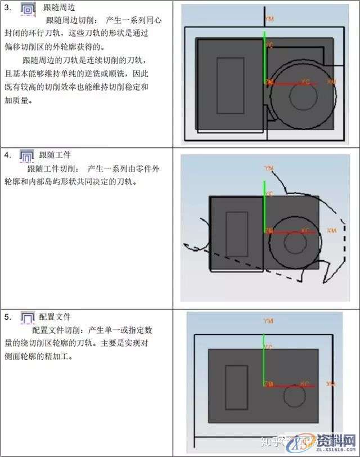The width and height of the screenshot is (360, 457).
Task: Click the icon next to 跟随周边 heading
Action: (x=28, y=9)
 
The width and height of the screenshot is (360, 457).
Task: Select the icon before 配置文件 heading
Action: (x=28, y=317)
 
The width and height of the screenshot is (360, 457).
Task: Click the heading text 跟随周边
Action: (x=59, y=8)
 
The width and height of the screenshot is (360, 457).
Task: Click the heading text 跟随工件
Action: (x=55, y=155)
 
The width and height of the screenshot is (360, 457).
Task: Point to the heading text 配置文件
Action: (x=55, y=317)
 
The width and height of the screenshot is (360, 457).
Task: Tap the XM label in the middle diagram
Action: (x=331, y=231)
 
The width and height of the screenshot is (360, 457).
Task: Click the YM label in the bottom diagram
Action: (x=268, y=321)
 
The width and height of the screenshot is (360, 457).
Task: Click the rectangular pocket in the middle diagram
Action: (x=236, y=234)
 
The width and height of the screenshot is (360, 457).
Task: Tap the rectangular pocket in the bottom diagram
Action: (x=236, y=388)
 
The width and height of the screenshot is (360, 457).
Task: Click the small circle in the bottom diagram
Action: (x=294, y=397)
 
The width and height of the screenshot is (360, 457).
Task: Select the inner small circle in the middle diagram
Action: (x=295, y=243)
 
